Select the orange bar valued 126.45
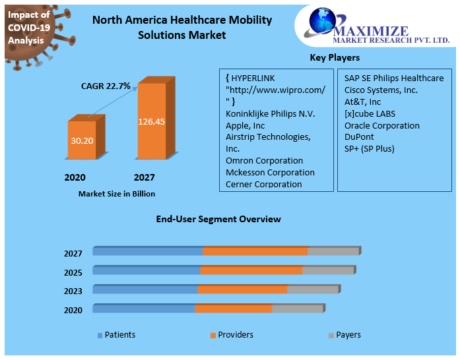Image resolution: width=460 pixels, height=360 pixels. pos(151,121)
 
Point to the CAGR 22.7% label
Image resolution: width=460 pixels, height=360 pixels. pos(106,86)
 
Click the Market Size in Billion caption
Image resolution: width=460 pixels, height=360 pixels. pos(117,194)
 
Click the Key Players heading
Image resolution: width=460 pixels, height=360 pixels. pos(335,58)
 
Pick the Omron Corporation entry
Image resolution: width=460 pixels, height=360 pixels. pos(264,160)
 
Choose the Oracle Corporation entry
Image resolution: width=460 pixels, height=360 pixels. pos(381,125)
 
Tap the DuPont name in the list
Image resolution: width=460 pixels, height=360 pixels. pos(359,137)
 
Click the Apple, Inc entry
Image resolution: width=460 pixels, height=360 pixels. pos(245,125)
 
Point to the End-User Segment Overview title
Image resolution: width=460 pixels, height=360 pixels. pos(218,219)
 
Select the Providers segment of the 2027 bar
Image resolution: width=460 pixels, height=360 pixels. pos(255,251)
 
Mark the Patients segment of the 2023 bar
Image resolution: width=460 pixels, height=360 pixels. pos(145,289)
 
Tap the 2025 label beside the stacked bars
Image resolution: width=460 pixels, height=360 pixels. pos(73,272)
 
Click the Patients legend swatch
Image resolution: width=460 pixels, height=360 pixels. pos(100,336)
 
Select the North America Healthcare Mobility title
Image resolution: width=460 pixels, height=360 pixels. pos(181,27)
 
